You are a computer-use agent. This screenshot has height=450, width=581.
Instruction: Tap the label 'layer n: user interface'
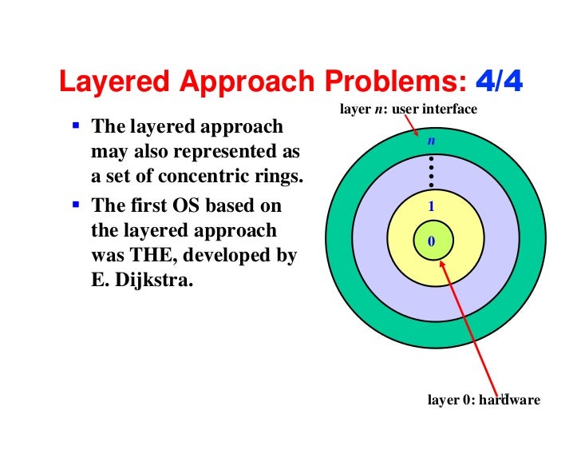pos(408,109)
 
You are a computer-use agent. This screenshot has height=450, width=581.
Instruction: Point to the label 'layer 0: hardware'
pos(484,400)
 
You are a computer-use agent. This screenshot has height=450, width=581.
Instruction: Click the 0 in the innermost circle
pos(431,241)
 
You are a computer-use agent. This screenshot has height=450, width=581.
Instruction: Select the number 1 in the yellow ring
pos(431,205)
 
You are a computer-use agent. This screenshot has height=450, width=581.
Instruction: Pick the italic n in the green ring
pos(431,141)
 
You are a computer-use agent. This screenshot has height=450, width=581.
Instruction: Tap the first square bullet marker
pos(75,126)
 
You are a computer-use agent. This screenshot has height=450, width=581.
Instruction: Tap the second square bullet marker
pos(75,205)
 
